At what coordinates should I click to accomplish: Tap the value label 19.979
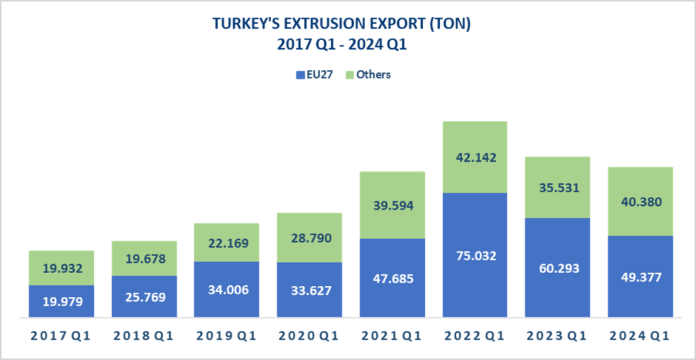61,302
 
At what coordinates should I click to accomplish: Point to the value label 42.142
475,158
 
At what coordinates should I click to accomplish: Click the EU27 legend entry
314,75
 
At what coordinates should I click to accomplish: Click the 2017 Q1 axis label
61,336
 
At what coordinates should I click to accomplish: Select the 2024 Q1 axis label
640,336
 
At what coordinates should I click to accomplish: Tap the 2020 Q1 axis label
309,336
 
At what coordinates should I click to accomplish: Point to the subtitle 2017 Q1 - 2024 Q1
342,46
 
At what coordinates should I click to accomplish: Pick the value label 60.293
558,268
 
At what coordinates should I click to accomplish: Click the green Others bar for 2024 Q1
640,183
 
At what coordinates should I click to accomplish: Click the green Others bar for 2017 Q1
61,258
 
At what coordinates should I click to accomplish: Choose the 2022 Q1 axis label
475,336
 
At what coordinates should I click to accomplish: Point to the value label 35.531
558,187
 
